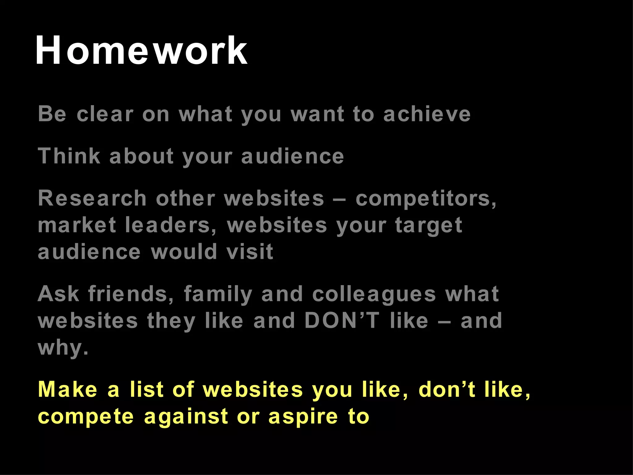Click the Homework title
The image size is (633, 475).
click(141, 50)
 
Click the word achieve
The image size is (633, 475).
click(427, 114)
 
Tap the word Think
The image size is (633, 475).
click(69, 156)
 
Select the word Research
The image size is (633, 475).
click(92, 198)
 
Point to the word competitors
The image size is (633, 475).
click(426, 199)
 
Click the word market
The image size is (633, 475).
click(77, 225)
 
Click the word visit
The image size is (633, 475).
click(250, 252)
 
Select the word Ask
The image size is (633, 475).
click(58, 294)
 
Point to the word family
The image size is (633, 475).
click(218, 294)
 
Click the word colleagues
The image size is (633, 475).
click(374, 294)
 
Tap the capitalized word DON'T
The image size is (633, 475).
click(342, 320)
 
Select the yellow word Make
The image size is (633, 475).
click(68, 389)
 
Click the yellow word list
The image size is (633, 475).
click(147, 389)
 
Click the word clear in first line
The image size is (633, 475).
click(105, 114)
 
